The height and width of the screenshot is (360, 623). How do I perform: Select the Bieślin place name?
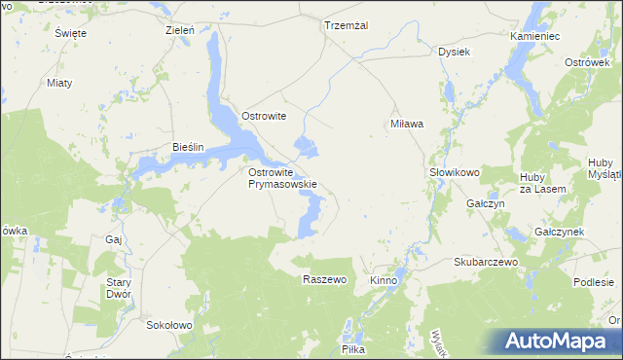click(187, 147)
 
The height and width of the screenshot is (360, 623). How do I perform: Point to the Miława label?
click(407, 125)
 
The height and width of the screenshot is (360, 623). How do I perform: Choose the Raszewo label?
click(324, 279)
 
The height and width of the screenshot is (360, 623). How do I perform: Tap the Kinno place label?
click(384, 280)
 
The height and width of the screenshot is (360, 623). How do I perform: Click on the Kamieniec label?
click(535, 35)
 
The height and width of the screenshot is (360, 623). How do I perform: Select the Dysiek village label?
click(455, 51)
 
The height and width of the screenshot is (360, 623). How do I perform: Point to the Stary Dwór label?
click(118, 287)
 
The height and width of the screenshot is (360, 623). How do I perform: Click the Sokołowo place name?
click(169, 325)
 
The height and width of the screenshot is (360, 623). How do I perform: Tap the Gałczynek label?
click(559, 233)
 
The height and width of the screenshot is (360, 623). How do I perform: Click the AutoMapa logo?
click(561, 341)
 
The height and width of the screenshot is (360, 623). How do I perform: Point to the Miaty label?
click(59, 82)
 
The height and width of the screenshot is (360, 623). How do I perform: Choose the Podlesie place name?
click(593, 281)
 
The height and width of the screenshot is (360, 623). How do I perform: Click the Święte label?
click(71, 33)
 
